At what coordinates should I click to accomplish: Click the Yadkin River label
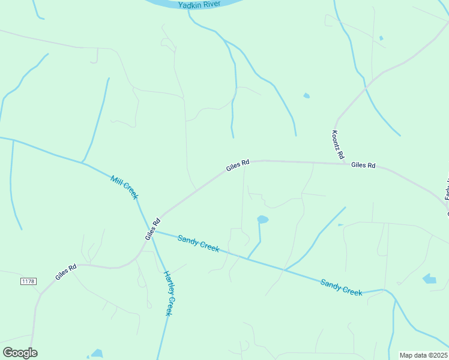tap(199, 4)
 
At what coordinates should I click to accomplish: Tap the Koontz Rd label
tap(338, 145)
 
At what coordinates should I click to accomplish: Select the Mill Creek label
tap(125, 187)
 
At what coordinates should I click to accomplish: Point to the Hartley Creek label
tap(170, 293)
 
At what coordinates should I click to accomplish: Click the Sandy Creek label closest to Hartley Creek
tap(199, 243)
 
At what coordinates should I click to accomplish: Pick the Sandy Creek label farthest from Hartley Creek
tap(341, 287)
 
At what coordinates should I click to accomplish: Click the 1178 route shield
tap(28, 281)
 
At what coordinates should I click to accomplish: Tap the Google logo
tap(20, 353)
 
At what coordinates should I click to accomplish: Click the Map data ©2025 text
tap(423, 355)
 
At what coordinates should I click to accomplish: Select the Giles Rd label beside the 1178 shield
tap(66, 272)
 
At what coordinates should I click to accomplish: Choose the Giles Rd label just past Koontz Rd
tap(363, 164)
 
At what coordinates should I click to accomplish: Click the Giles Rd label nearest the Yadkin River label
tap(238, 166)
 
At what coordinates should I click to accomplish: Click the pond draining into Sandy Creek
tap(262, 220)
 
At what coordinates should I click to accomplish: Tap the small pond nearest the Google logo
tap(97, 353)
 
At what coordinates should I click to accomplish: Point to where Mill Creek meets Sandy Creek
tap(151, 230)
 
